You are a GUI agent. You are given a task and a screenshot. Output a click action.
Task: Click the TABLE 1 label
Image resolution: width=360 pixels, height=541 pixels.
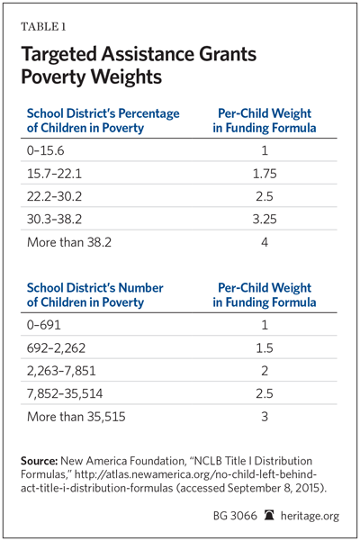(43, 27)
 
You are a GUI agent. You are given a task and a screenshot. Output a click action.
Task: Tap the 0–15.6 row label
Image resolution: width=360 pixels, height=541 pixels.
(46, 150)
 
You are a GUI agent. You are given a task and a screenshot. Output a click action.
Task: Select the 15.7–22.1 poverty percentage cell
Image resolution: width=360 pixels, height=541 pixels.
(55, 174)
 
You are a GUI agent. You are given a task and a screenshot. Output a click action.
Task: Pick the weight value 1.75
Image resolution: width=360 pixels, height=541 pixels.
(265, 174)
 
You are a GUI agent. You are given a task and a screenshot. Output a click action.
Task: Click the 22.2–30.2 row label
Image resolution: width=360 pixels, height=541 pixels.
(55, 196)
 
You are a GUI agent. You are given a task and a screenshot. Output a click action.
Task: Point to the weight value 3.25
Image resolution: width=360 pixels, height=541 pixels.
(265, 219)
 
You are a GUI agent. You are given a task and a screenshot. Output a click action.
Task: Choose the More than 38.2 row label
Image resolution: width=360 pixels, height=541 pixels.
(69, 242)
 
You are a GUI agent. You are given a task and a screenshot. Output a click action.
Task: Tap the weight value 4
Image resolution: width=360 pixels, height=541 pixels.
(265, 242)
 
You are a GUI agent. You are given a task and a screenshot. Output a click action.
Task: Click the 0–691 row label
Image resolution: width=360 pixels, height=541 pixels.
(44, 325)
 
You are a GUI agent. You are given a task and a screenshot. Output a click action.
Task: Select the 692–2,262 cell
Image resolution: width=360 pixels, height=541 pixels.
(56, 348)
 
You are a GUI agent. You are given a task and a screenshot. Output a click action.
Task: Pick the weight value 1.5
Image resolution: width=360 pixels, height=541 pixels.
(265, 347)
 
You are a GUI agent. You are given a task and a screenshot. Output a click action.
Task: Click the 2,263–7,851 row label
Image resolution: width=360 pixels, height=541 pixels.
(61, 371)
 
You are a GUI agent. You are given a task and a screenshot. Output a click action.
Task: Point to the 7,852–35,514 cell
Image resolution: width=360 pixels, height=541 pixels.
(65, 393)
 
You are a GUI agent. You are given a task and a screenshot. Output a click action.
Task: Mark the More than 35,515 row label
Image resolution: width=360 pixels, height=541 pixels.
(76, 417)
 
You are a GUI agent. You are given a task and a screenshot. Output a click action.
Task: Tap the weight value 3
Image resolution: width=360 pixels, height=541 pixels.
(265, 417)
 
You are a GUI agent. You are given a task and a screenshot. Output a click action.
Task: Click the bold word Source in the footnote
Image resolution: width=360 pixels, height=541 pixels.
(39, 461)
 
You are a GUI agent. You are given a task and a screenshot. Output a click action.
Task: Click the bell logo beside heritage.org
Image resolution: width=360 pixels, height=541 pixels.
(269, 516)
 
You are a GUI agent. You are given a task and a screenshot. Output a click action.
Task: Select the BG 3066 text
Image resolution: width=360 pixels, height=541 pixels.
(235, 516)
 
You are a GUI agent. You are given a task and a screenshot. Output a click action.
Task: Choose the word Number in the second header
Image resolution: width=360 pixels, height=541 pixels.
(140, 288)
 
